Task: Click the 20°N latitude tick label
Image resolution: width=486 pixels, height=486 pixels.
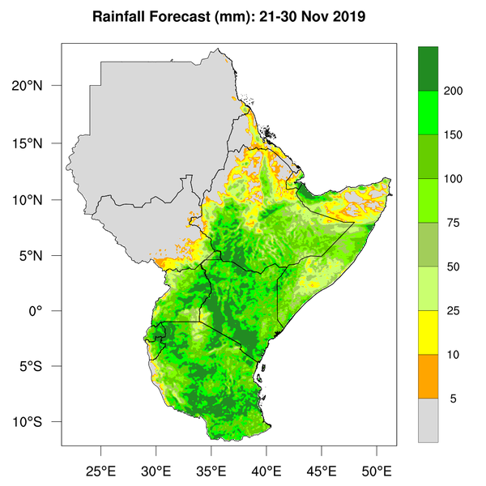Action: tap(39, 86)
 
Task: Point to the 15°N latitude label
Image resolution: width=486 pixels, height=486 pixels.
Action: tap(39, 143)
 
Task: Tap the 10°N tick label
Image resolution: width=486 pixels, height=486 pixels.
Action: tap(39, 199)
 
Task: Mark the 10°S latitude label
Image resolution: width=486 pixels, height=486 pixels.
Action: tap(39, 423)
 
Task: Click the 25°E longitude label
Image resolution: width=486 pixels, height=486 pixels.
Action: tap(100, 470)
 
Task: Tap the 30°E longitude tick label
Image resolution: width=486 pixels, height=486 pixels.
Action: tap(156, 470)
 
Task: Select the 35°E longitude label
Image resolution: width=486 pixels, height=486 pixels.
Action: tap(211, 470)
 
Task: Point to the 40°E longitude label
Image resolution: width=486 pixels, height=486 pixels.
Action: tap(266, 470)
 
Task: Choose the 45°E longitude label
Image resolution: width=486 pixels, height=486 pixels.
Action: tap(321, 470)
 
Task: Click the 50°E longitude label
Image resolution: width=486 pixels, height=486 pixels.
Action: tap(377, 470)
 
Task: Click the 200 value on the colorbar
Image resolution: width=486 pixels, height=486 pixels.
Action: tap(454, 91)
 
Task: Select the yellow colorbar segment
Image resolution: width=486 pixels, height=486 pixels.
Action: tap(428, 332)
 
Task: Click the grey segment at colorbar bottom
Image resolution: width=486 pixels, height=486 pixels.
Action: tap(428, 420)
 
